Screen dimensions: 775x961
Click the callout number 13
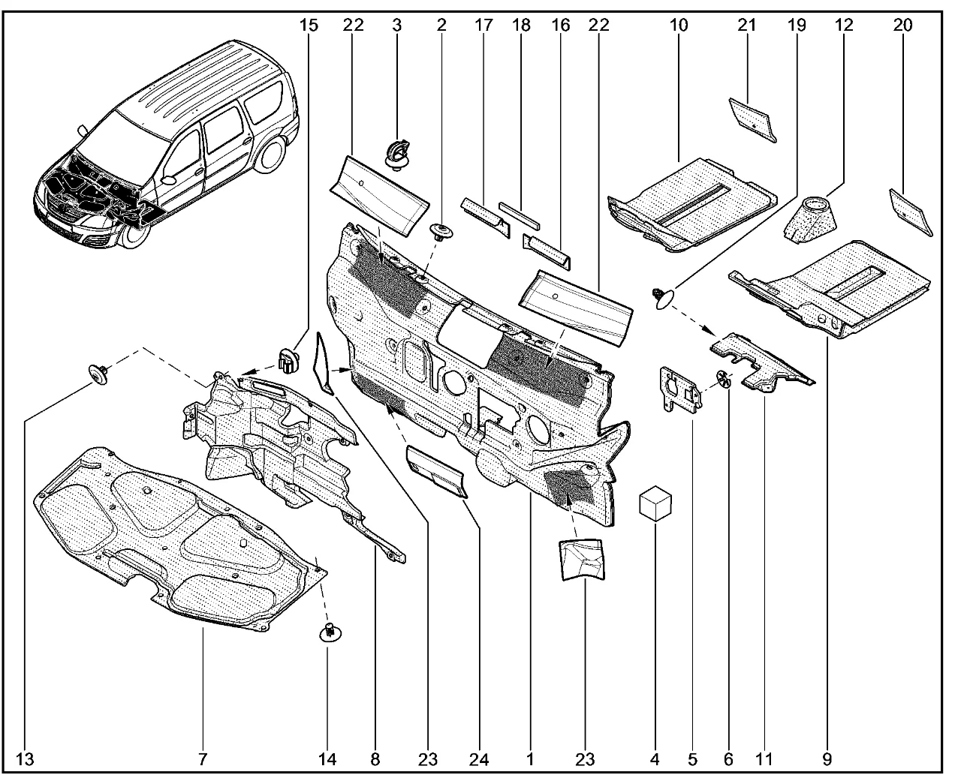25,759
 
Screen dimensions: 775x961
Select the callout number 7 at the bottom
203,759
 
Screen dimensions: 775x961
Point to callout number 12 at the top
844,25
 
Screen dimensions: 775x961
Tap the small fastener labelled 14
328,632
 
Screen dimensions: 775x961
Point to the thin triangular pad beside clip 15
324,363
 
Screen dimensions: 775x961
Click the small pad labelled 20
911,211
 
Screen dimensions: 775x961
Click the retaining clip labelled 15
288,359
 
